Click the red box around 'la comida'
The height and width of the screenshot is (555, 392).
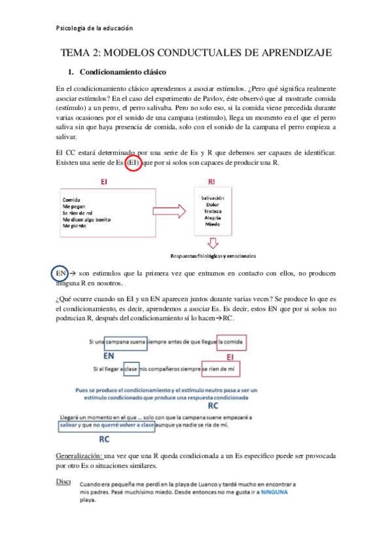[x=233, y=342]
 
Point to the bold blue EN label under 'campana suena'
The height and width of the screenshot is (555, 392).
[x=110, y=355]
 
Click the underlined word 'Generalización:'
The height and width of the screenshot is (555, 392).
[x=79, y=456]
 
